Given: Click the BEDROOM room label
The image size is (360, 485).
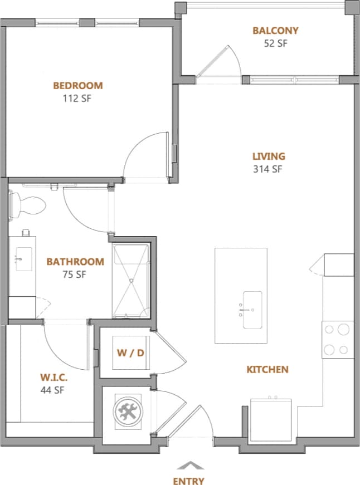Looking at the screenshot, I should [78, 86].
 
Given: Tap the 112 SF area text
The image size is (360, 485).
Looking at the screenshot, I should [78, 99].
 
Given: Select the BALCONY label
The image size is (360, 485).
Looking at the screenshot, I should [275, 31].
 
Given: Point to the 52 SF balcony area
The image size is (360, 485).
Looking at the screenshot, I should [275, 43].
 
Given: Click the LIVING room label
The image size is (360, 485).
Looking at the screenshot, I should [269, 156].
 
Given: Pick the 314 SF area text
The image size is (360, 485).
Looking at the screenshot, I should [269, 169].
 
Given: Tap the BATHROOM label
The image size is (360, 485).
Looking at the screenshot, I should [75, 262].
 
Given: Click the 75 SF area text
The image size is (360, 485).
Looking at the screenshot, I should [75, 274].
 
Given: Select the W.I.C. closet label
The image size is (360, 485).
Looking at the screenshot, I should [53, 377].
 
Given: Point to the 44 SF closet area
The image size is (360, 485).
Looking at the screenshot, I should [53, 390].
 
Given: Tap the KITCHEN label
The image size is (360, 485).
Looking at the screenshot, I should [267, 369].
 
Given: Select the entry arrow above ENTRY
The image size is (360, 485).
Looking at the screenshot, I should [189, 466].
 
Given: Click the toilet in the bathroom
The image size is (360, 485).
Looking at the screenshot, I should [28, 205].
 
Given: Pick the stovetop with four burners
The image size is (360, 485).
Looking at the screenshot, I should [338, 339].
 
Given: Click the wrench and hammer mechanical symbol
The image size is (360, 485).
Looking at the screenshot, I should [127, 411].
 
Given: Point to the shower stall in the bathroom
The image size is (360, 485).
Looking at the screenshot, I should [131, 281].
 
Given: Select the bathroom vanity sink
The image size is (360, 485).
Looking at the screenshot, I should [24, 260].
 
